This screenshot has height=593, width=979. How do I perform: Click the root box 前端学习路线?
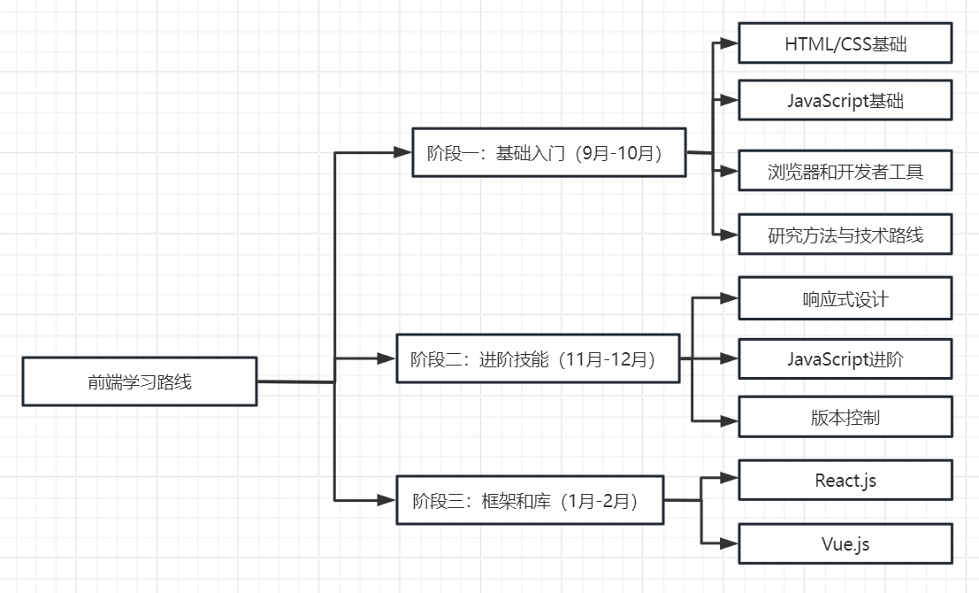click(140, 381)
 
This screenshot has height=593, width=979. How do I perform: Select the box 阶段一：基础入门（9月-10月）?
click(549, 152)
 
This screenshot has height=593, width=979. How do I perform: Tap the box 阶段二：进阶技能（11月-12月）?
click(538, 358)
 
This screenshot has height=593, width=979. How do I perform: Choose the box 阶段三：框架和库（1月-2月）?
click(529, 500)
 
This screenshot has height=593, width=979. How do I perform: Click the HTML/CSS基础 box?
click(845, 43)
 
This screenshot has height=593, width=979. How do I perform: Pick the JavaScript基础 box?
click(845, 100)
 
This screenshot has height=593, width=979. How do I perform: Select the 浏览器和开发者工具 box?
click(845, 171)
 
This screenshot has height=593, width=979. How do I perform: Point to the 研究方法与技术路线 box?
click(845, 235)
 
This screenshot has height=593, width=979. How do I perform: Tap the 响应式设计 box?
click(845, 298)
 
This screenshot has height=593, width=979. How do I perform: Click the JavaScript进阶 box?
click(845, 358)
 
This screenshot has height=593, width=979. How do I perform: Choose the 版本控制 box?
click(845, 417)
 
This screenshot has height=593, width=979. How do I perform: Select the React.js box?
click(845, 481)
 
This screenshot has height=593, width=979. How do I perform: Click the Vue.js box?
click(845, 543)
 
